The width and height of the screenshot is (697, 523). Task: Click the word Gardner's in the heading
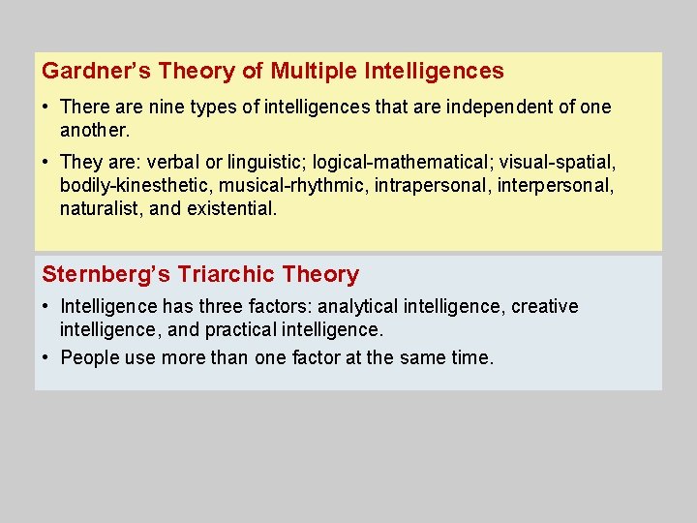pyautogui.click(x=86, y=71)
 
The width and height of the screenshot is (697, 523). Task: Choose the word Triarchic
pyautogui.click(x=228, y=275)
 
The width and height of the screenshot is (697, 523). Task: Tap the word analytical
pyautogui.click(x=357, y=307)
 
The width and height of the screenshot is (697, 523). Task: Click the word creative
pyautogui.click(x=544, y=307)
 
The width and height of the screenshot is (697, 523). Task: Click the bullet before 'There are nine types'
pyautogui.click(x=46, y=107)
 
